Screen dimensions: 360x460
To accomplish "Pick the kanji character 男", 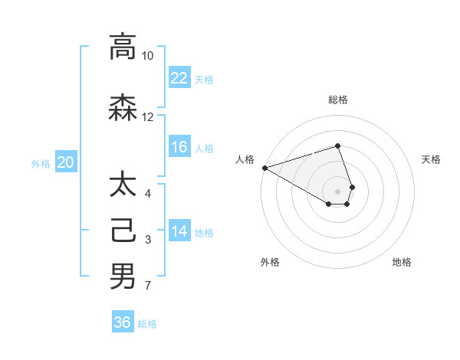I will (123, 276).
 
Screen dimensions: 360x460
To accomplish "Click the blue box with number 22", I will (179, 77).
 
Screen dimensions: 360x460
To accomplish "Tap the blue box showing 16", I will (179, 147).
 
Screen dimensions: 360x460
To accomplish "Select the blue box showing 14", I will (179, 231).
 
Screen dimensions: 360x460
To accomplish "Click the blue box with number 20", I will (66, 162).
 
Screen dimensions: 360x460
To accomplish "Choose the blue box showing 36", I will (123, 322).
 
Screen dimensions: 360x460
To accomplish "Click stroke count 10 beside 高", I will (147, 56).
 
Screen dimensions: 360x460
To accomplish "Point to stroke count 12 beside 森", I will (147, 117).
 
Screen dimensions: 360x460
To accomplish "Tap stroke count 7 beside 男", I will (147, 286).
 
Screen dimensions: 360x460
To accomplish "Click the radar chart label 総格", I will (338, 100).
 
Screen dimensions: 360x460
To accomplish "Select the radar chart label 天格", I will (431, 159).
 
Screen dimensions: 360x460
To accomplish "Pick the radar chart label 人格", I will (245, 159).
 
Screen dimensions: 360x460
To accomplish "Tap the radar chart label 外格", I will (270, 262).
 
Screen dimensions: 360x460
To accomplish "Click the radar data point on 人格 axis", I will (264, 167).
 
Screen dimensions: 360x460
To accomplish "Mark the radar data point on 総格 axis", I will (338, 146).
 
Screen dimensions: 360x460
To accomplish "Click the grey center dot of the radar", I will (338, 191).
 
